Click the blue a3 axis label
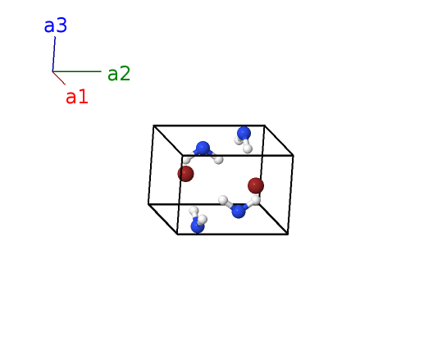click(56, 25)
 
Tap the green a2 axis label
click(119, 73)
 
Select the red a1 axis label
click(77, 98)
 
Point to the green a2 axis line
click(77, 71)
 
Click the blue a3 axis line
click(53, 54)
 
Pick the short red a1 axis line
click(59, 78)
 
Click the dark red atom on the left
click(185, 174)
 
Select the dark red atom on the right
click(256, 185)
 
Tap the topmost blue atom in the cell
click(244, 133)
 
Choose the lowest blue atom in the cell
click(198, 226)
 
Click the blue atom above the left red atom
click(203, 148)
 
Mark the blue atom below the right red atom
click(239, 211)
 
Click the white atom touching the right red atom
click(256, 200)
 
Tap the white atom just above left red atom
click(187, 160)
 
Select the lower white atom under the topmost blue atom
click(248, 148)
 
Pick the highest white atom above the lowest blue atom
click(194, 211)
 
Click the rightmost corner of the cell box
click(294, 156)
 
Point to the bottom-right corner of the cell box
click(288, 234)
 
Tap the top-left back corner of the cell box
click(153, 125)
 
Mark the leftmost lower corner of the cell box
click(148, 204)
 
